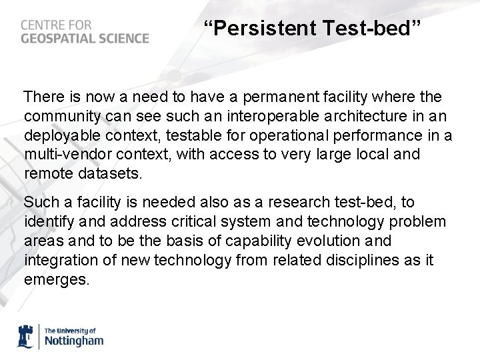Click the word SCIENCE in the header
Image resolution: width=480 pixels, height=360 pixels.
coord(125,38)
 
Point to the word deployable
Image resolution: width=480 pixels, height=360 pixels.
coord(58,136)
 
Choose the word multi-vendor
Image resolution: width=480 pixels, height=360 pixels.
coord(67,155)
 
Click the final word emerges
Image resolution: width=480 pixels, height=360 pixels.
coord(56,279)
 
